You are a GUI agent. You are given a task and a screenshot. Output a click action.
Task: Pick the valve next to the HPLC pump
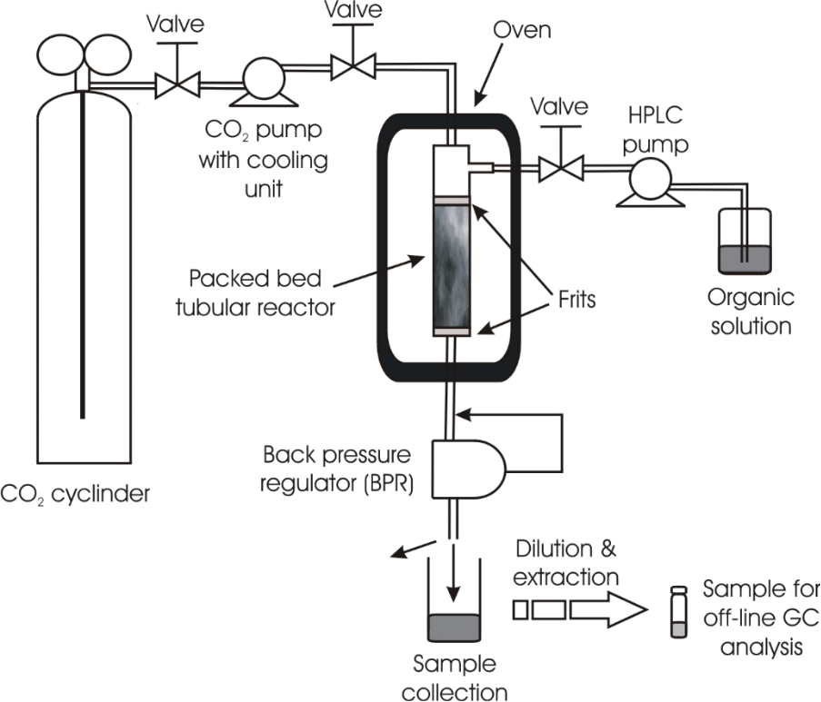pyautogui.click(x=557, y=170)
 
